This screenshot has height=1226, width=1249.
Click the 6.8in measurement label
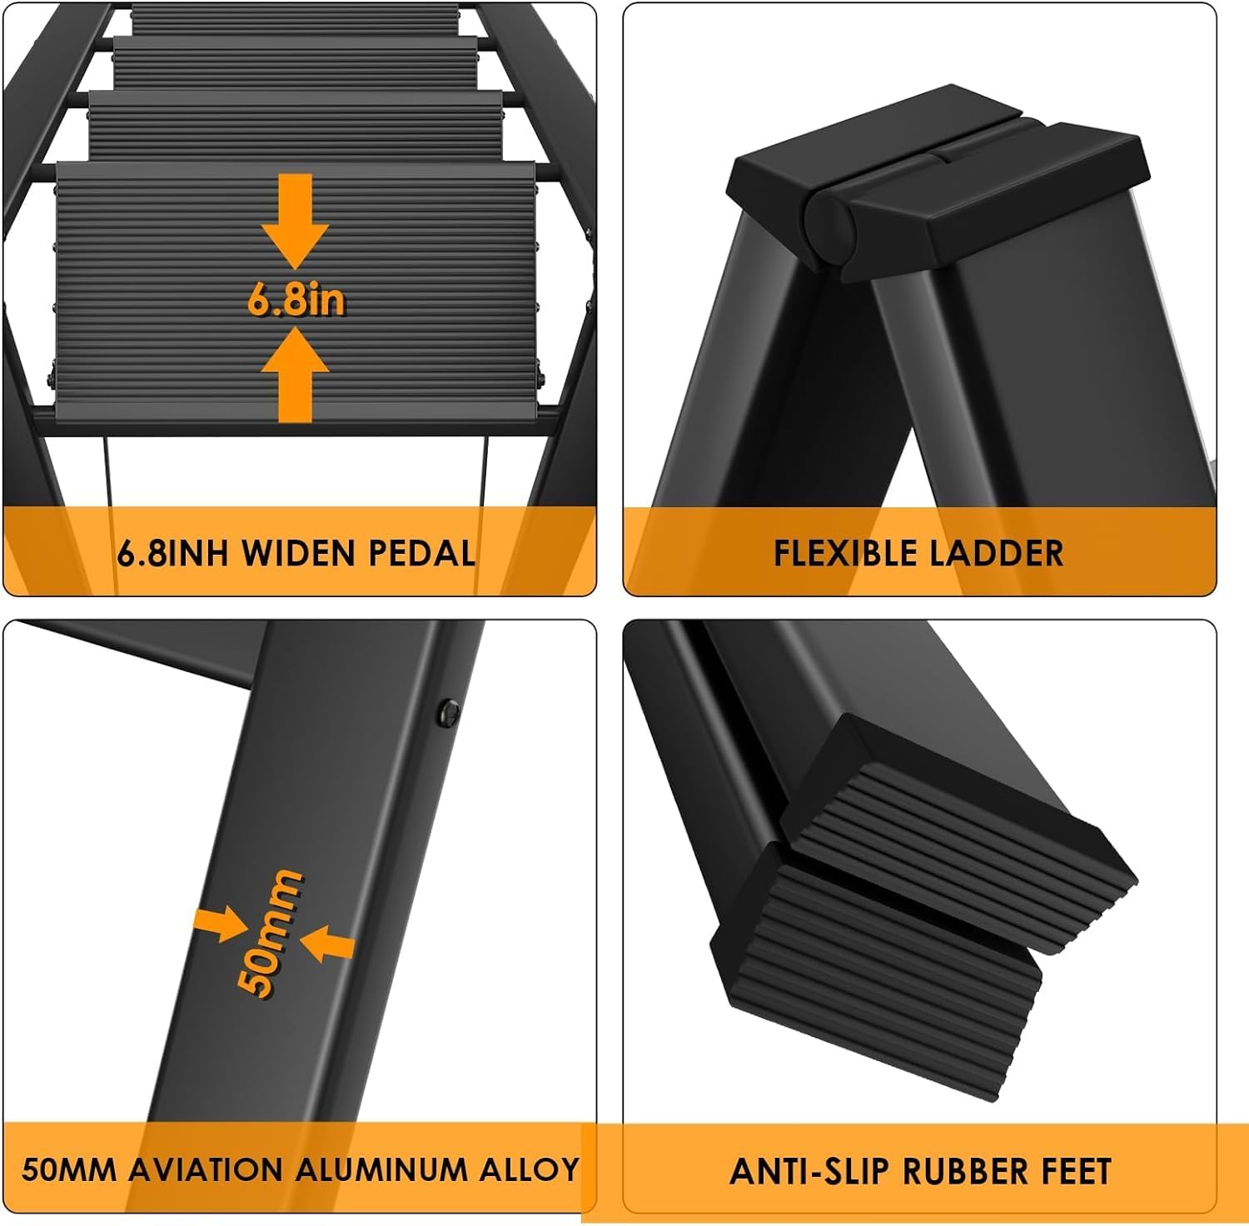click(296, 300)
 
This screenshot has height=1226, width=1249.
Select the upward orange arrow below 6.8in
click(296, 375)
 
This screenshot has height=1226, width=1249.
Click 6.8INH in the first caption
click(172, 553)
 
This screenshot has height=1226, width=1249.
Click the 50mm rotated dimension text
click(271, 933)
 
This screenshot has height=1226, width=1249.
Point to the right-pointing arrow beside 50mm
click(220, 924)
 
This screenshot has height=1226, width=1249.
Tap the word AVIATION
click(207, 1169)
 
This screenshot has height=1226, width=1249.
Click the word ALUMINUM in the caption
click(382, 1169)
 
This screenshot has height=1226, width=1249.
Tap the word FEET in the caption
click(1075, 1171)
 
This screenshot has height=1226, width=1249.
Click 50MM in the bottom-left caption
click(68, 1169)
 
